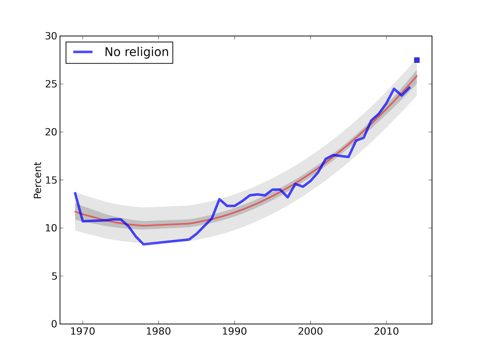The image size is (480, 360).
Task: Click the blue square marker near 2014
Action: pyautogui.click(x=417, y=60)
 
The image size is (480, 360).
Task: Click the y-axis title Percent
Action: pyautogui.click(x=37, y=180)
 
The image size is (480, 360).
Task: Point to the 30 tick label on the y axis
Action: pyautogui.click(x=51, y=36)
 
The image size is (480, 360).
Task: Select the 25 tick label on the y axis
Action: pyautogui.click(x=51, y=84)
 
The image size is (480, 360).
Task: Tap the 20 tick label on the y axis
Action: pyautogui.click(x=51, y=132)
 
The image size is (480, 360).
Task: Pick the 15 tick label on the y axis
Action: pyautogui.click(x=51, y=180)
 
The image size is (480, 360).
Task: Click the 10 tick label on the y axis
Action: pyautogui.click(x=51, y=228)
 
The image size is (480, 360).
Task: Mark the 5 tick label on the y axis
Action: pyautogui.click(x=54, y=276)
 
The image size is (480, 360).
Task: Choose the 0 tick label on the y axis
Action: pyautogui.click(x=54, y=324)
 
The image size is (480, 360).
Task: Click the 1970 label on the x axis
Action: pyautogui.click(x=82, y=332)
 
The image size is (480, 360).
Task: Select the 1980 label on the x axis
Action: pyautogui.click(x=158, y=332)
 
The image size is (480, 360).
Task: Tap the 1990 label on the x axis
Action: pyautogui.click(x=234, y=332)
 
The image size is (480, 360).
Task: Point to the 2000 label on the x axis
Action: pyautogui.click(x=310, y=332)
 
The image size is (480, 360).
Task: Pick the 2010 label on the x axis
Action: pyautogui.click(x=386, y=332)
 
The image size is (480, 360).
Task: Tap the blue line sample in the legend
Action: pyautogui.click(x=83, y=52)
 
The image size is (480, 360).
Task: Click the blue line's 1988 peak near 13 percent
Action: pyautogui.click(x=219, y=199)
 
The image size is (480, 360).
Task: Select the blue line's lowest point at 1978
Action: pyautogui.click(x=144, y=244)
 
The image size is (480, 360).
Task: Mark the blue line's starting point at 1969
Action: pyautogui.click(x=75, y=193)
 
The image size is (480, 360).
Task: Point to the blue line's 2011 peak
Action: pyautogui.click(x=394, y=89)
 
